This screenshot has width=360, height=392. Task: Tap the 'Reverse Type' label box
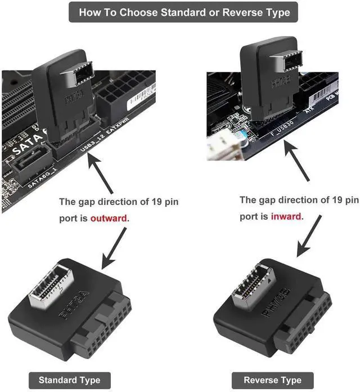[x=272, y=380]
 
